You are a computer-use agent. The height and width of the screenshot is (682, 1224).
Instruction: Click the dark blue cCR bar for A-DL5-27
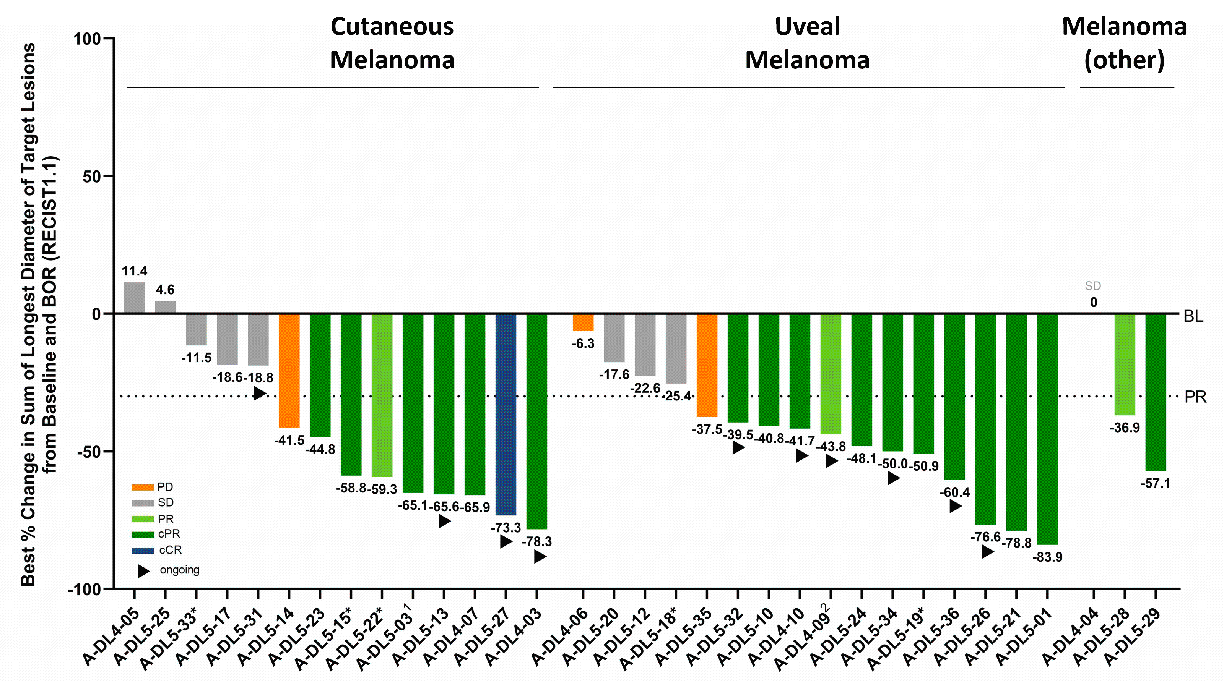point(506,414)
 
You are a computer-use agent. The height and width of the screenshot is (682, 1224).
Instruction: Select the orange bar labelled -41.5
point(289,371)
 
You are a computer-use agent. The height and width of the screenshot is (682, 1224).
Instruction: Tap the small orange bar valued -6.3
point(583,322)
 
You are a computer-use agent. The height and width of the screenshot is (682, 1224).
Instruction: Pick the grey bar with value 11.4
point(135,298)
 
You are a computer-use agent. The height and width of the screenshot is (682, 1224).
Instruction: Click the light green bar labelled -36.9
point(1125,364)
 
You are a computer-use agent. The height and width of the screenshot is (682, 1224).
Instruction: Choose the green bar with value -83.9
point(1047,429)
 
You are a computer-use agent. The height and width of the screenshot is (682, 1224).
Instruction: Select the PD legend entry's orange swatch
point(143,487)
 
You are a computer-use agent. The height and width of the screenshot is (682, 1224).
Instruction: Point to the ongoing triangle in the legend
point(143,571)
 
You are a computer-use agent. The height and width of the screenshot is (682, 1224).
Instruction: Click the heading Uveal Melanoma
point(807,43)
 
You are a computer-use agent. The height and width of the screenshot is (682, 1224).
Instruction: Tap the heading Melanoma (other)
point(1124,43)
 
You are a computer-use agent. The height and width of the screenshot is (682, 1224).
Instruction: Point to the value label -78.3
point(536,541)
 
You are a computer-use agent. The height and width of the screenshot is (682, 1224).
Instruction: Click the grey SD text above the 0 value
point(1093,286)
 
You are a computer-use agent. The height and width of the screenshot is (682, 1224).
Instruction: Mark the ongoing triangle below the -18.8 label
point(259,393)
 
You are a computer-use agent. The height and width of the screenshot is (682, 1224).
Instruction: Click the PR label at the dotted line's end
point(1195,397)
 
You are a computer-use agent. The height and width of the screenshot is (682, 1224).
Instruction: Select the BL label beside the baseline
point(1193,316)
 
